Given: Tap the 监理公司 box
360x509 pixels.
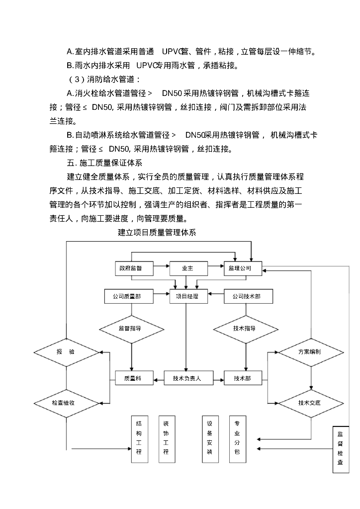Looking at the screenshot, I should [242, 268].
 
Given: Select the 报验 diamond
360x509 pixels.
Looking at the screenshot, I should [66, 352].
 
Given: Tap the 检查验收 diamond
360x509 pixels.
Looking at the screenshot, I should [66, 403].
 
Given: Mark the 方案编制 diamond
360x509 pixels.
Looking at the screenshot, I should [311, 352].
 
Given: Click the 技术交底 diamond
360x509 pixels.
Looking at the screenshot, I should [311, 403].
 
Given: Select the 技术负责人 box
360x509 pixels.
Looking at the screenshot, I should [187, 378].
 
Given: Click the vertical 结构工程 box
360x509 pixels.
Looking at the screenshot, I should [139, 438].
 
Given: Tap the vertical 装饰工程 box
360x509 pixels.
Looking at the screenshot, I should [166, 438].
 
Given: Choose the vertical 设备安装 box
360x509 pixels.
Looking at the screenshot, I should [210, 438].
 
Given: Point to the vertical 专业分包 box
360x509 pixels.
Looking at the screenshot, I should [237, 438].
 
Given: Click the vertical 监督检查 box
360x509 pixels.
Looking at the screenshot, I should [341, 449].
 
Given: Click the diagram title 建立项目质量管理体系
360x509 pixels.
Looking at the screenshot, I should [157, 232].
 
